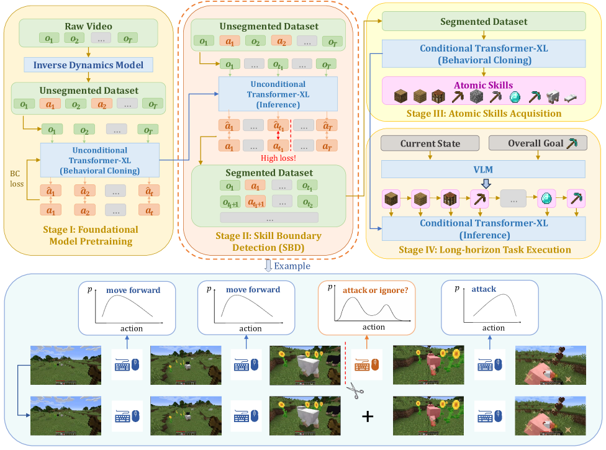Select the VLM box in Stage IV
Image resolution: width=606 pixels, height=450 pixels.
484,169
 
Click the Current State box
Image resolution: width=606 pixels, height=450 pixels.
430,143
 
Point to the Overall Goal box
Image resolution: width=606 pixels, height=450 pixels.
537,143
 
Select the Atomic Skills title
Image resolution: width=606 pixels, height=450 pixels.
483,85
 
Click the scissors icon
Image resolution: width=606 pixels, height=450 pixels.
355,392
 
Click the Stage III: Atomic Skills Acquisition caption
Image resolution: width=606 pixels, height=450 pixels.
483,113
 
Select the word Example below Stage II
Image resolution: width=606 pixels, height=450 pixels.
292,266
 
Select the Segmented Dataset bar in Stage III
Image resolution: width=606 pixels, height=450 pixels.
484,22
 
